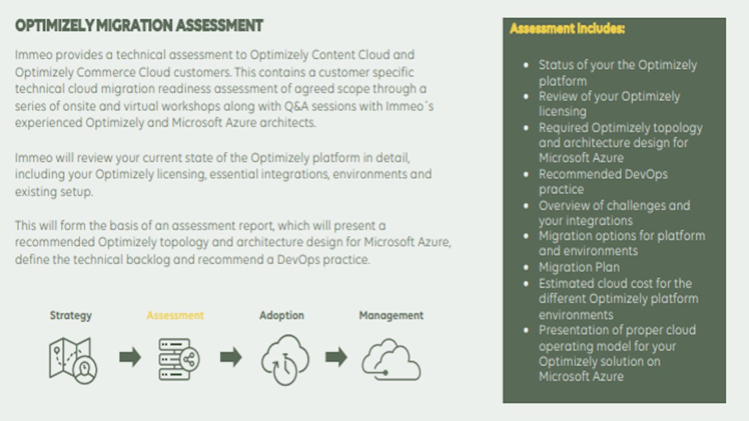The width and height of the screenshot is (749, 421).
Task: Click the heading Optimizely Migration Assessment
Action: click(139, 26)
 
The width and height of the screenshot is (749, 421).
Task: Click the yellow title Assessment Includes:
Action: click(567, 29)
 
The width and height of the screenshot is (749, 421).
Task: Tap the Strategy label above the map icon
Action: click(71, 315)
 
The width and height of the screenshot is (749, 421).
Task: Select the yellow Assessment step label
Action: click(175, 315)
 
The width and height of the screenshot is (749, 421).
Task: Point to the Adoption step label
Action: click(281, 315)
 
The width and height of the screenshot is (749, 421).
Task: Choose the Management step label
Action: click(391, 315)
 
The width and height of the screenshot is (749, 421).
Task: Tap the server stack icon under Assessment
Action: click(179, 360)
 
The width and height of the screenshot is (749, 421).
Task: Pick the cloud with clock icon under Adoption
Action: click(285, 360)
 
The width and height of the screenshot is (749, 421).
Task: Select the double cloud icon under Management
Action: click(391, 360)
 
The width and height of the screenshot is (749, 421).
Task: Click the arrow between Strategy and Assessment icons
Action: click(130, 357)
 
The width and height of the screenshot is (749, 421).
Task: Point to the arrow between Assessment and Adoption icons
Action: click(231, 357)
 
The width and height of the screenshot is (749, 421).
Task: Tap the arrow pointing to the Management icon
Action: click(336, 357)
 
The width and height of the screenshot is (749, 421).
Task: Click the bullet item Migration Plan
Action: click(579, 267)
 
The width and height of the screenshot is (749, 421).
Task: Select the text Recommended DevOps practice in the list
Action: click(603, 181)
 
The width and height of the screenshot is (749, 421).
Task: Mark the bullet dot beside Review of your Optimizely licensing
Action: click(526, 96)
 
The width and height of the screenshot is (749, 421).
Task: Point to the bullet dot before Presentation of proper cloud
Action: click(526, 330)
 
